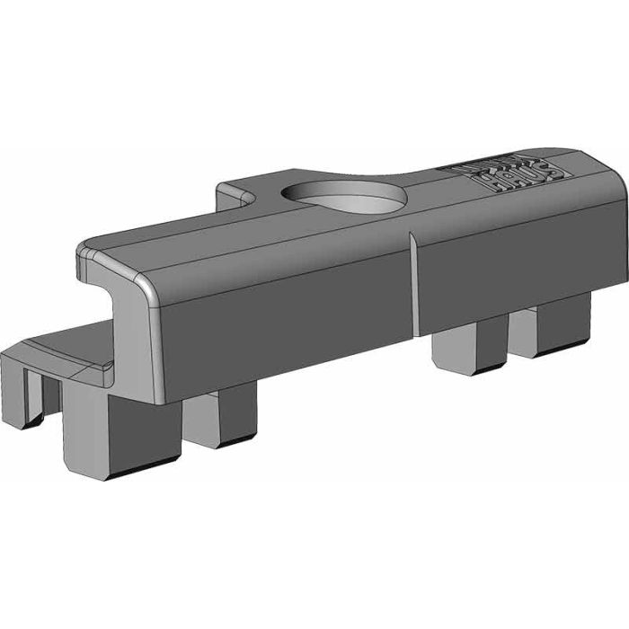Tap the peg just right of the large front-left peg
(x=221, y=418)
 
